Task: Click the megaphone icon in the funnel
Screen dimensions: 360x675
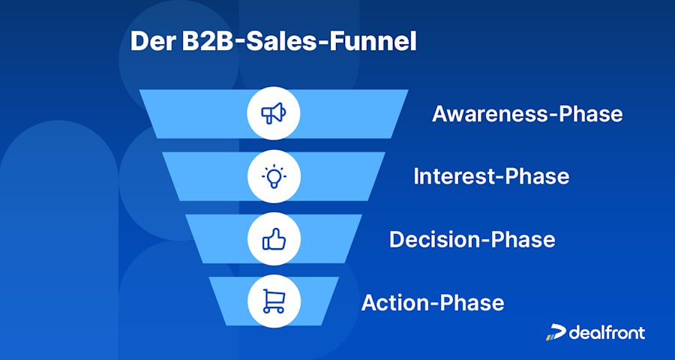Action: point(274,114)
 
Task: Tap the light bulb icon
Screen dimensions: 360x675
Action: point(274,177)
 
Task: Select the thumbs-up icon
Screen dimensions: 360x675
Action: point(274,239)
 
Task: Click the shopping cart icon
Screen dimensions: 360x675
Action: point(274,301)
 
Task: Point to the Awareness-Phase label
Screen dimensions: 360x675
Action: point(527,114)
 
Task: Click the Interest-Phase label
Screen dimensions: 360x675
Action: point(491,177)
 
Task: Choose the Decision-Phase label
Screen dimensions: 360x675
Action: point(472,239)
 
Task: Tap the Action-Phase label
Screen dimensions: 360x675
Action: point(433,303)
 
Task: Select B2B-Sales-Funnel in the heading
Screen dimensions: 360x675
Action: point(299,42)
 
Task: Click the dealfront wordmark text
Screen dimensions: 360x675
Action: point(606,332)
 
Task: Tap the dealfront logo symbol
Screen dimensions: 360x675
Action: point(555,332)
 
